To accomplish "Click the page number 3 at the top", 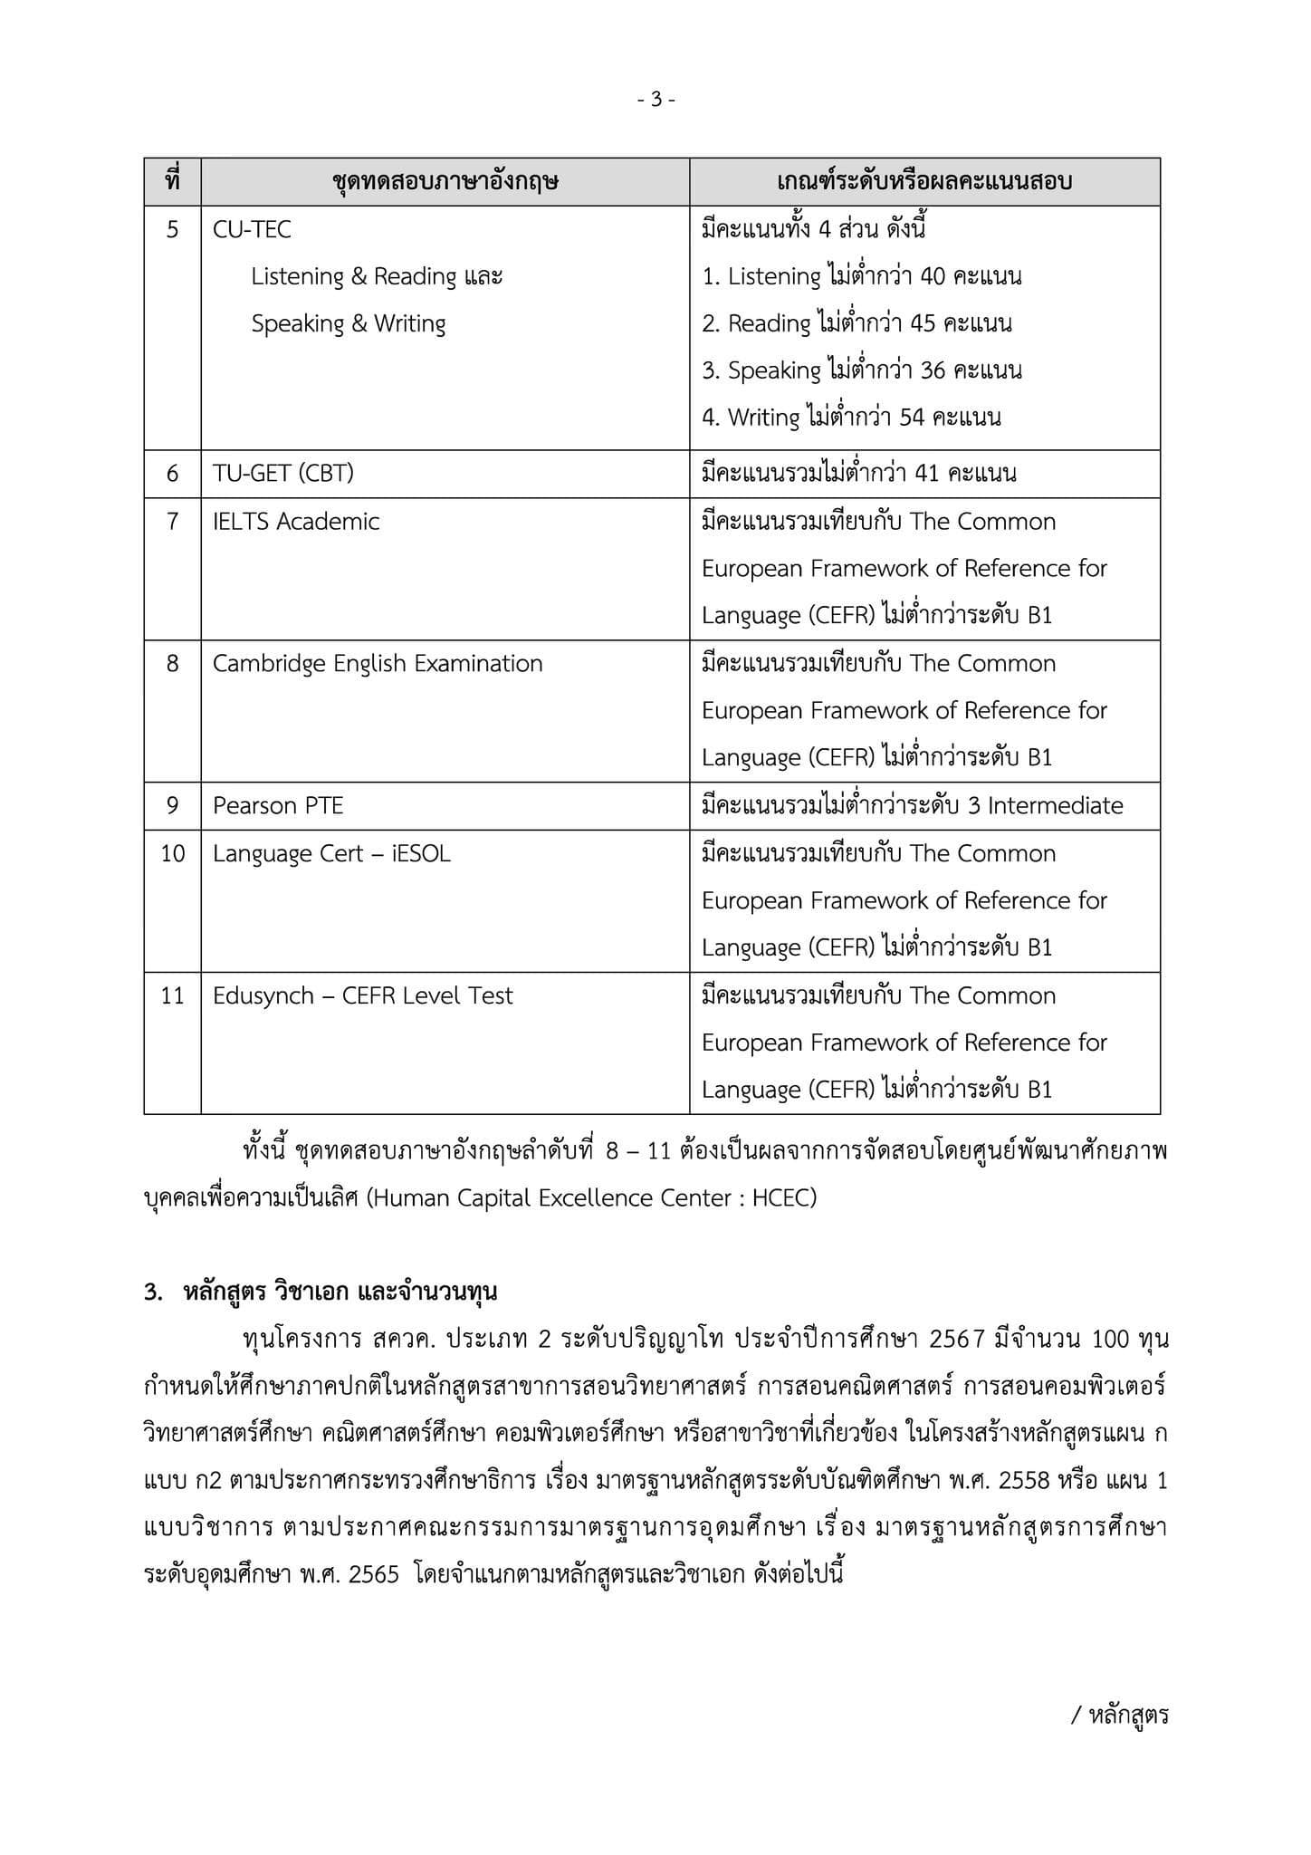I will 656,100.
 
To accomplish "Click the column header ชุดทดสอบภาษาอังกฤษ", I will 445,182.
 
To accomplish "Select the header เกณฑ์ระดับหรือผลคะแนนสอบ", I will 924,182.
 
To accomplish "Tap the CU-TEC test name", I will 252,230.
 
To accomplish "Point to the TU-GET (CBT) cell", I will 282,474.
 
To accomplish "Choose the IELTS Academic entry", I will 296,522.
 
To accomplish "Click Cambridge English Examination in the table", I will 378,664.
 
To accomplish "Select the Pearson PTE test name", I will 278,806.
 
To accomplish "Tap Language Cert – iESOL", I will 331,854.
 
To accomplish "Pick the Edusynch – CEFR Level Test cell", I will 362,996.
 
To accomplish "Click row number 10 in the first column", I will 172,854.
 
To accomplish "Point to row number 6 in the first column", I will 172,474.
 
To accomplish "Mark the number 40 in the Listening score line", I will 933,276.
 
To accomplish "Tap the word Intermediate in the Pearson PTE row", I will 1055,806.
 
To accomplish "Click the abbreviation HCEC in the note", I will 784,1198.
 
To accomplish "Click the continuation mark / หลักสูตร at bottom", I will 1120,1716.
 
